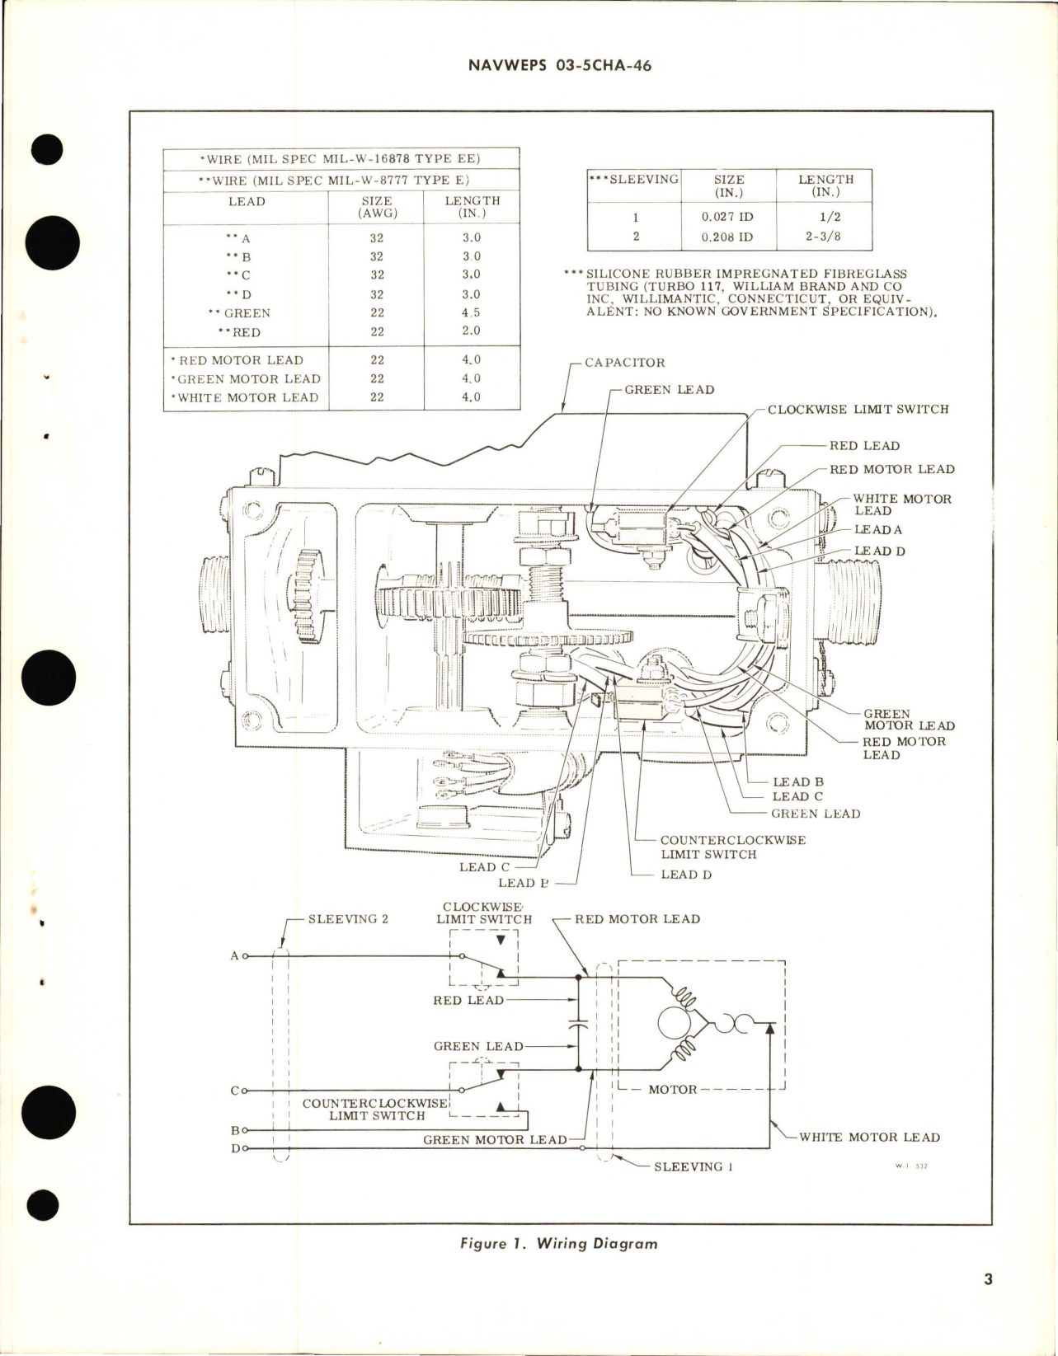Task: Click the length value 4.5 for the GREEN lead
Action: (471, 313)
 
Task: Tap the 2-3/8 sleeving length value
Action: (825, 237)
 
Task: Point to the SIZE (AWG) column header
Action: (376, 207)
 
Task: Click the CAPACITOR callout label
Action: (624, 363)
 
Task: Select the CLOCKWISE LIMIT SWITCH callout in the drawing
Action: (858, 410)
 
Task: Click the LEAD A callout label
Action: (877, 530)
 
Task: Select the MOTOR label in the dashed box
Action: (672, 1090)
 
